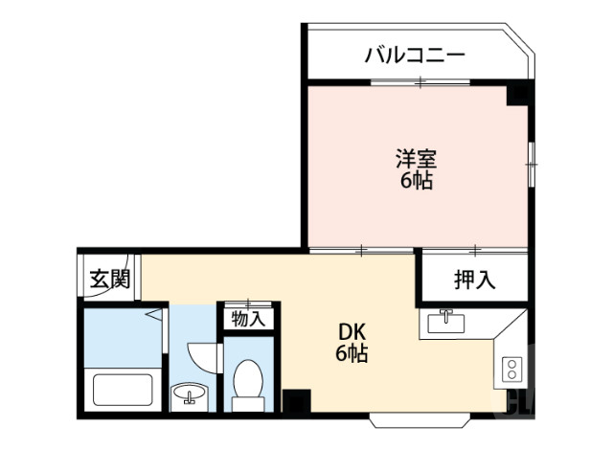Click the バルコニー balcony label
(x=414, y=54)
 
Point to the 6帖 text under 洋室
(x=416, y=180)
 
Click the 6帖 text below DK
(x=351, y=354)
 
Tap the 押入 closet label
(x=474, y=281)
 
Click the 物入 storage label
(x=249, y=318)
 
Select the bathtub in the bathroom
(x=121, y=392)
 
